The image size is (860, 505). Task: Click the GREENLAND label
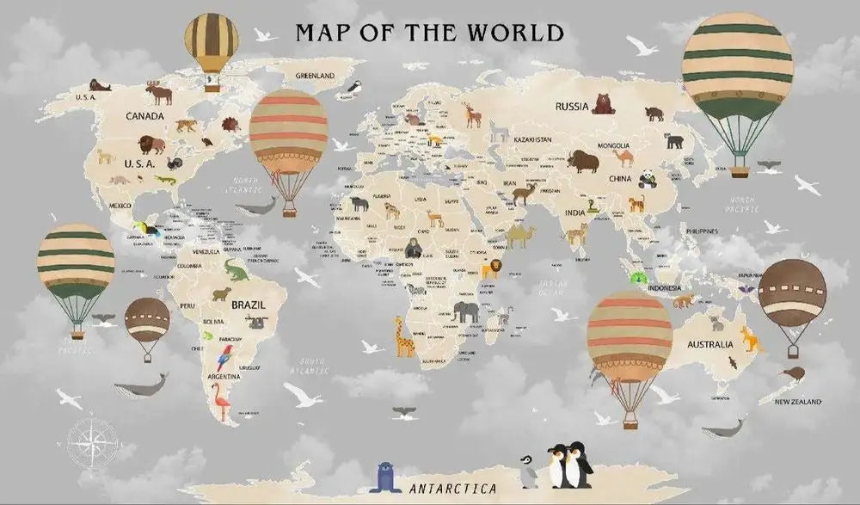(x=315, y=76)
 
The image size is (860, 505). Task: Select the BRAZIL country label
(x=248, y=305)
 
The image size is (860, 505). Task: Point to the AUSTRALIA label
(x=709, y=344)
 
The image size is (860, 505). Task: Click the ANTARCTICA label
(x=453, y=489)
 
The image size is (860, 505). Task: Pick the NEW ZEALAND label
(x=797, y=402)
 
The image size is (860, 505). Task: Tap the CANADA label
(x=146, y=115)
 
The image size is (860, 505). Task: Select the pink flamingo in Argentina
(x=221, y=401)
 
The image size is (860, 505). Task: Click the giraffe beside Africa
(x=403, y=336)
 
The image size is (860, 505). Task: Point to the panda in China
(x=647, y=178)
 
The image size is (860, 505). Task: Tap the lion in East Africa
(x=491, y=269)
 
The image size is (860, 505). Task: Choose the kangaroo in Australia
(x=751, y=339)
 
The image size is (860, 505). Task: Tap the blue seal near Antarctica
(x=385, y=478)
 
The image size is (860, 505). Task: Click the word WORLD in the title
(x=514, y=33)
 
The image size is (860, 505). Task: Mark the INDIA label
(x=574, y=212)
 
